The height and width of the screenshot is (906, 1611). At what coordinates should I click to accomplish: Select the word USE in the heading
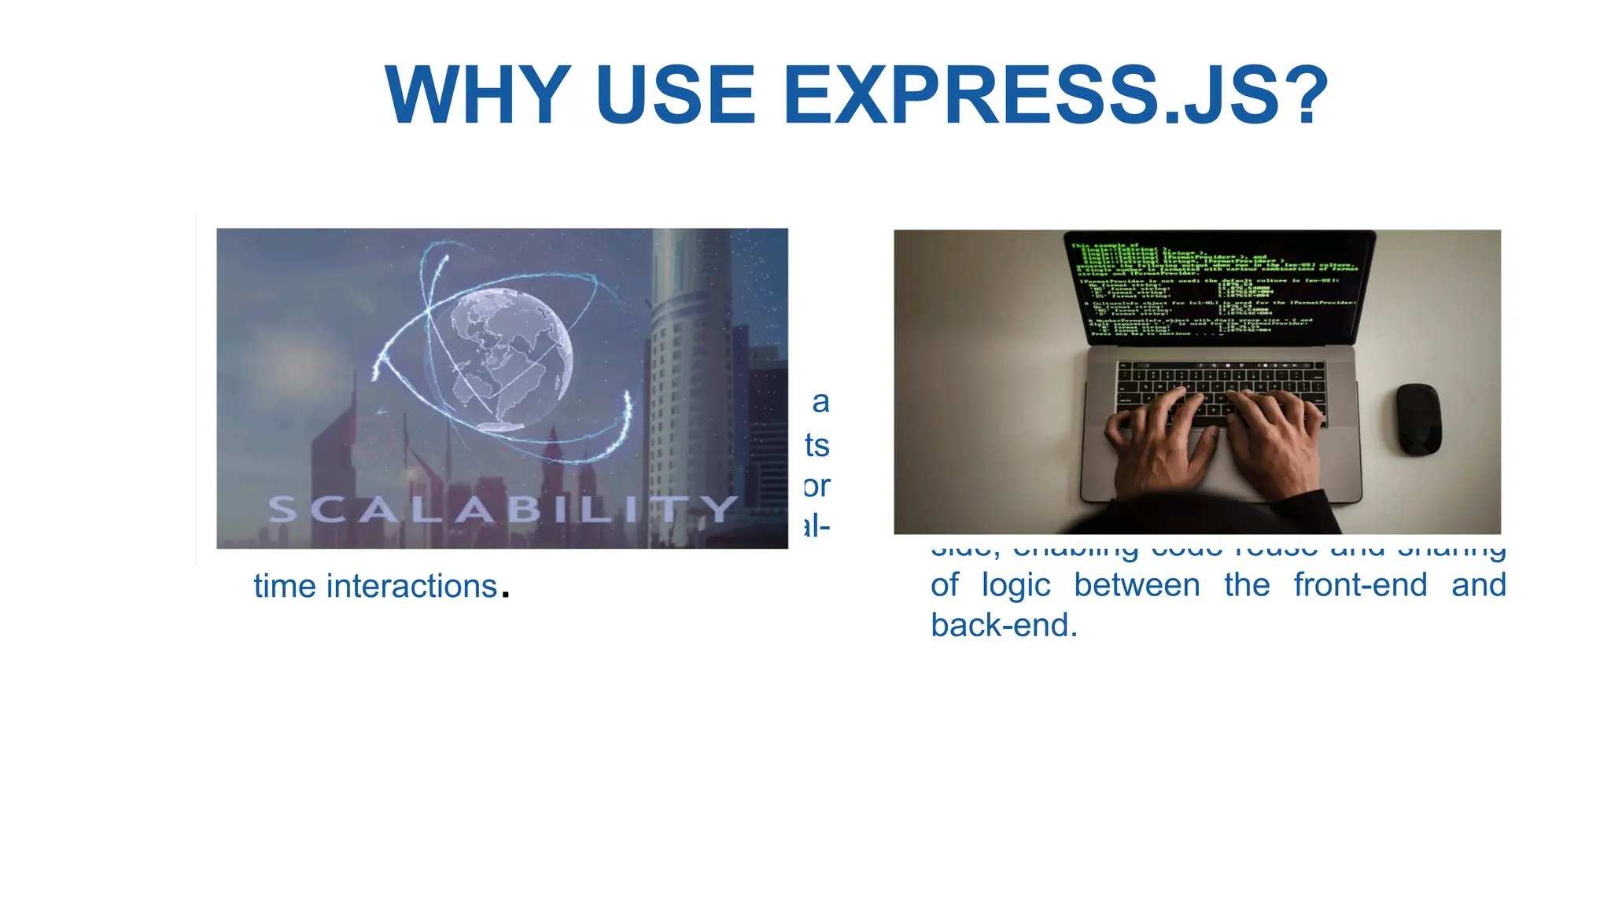[675, 95]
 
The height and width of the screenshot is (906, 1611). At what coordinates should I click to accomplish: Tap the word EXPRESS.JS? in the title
[1055, 95]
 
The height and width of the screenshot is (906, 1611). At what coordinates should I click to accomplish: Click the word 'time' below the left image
[284, 587]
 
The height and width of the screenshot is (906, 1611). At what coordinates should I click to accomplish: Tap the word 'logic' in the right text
[1016, 586]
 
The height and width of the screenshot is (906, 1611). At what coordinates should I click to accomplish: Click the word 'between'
[1137, 586]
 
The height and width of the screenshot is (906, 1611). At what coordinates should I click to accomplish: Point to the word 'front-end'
[1360, 586]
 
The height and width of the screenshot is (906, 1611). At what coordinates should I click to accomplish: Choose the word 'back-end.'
[1004, 626]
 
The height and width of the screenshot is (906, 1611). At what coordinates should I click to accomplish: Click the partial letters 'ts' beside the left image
[817, 446]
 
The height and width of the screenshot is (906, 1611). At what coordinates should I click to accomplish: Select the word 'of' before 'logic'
[945, 586]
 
